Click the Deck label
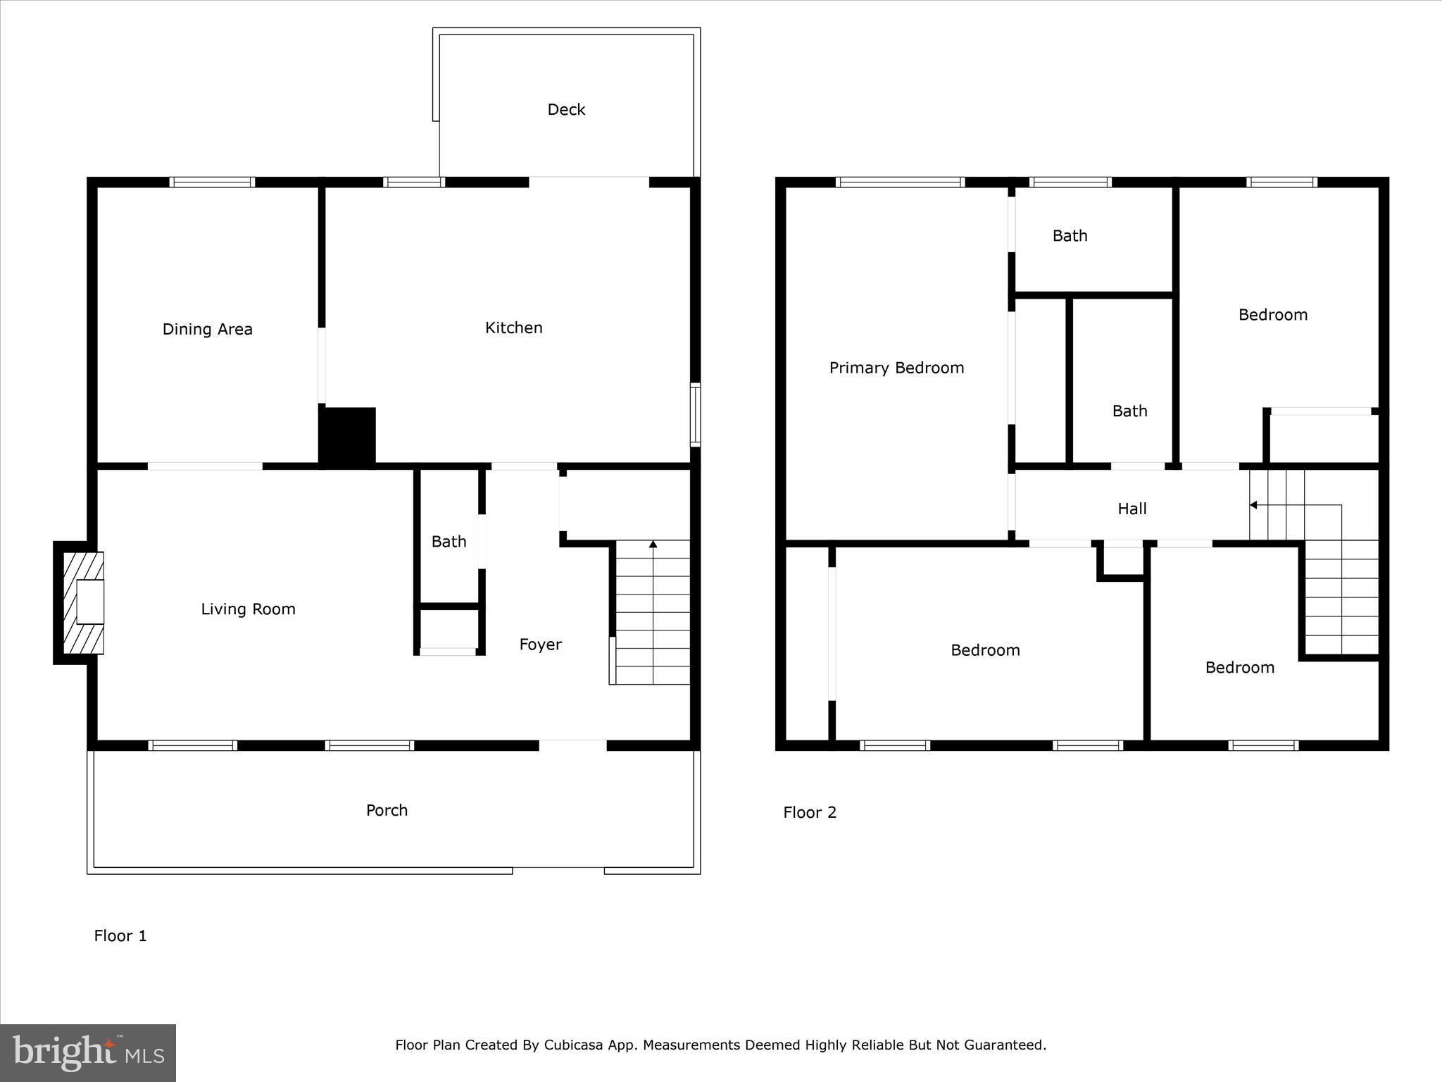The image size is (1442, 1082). [566, 110]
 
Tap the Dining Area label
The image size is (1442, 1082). [207, 329]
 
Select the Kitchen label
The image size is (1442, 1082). [513, 328]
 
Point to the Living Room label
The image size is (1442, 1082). [248, 609]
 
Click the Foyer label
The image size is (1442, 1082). [540, 645]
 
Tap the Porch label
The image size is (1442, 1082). [387, 810]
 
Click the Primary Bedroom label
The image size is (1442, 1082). [896, 368]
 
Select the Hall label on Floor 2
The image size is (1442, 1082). [1131, 509]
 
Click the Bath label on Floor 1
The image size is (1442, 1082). [449, 542]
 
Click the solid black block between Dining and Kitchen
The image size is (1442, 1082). [348, 437]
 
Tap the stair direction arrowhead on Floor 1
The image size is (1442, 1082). [653, 545]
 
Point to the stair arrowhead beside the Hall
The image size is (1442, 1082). [1253, 505]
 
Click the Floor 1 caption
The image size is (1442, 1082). [120, 935]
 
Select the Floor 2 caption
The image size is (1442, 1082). [810, 812]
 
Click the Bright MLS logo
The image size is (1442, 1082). [88, 1052]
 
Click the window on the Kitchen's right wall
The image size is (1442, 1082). [695, 415]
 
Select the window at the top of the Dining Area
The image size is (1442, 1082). [212, 182]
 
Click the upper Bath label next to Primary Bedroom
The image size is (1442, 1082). [1070, 236]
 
